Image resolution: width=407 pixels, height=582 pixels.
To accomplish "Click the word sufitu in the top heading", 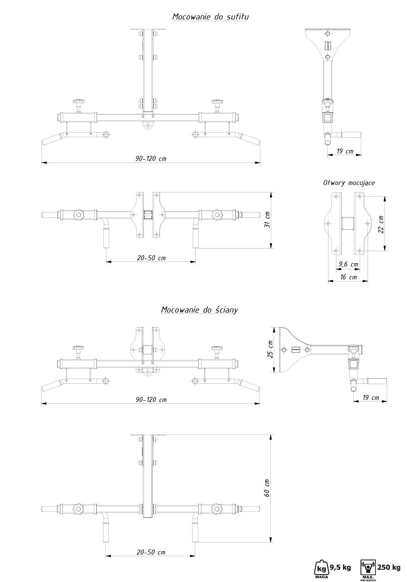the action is [238, 17].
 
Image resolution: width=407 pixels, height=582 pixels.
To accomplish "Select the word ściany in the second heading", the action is [227, 310].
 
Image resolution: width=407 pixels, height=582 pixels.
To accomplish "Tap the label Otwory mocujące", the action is [349, 183].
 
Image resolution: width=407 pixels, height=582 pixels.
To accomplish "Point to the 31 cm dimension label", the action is [267, 220].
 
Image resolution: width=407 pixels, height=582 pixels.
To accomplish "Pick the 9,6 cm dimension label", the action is [348, 264].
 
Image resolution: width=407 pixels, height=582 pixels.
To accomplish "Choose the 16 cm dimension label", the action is [348, 277].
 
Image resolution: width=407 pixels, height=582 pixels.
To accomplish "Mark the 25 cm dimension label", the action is [270, 349].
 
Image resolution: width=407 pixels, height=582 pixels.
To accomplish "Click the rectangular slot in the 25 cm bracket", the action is [296, 350].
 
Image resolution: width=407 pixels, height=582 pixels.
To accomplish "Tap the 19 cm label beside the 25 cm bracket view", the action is [371, 398].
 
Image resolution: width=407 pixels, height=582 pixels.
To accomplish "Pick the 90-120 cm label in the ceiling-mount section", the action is [151, 159].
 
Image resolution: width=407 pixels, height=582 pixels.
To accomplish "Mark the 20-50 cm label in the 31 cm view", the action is [151, 258].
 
